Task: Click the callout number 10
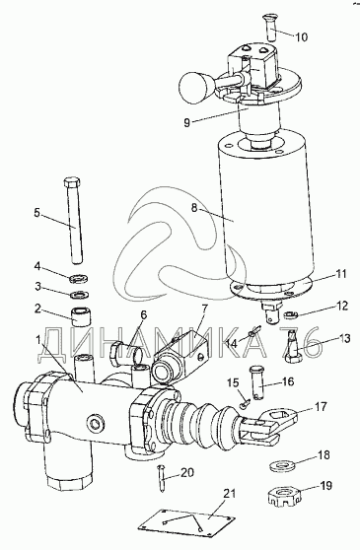300,36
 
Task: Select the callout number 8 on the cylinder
195,208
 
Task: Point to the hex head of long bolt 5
73,183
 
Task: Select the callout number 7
204,309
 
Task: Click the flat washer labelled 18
282,466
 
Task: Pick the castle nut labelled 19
284,499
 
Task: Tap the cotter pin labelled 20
162,479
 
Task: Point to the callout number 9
186,122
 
